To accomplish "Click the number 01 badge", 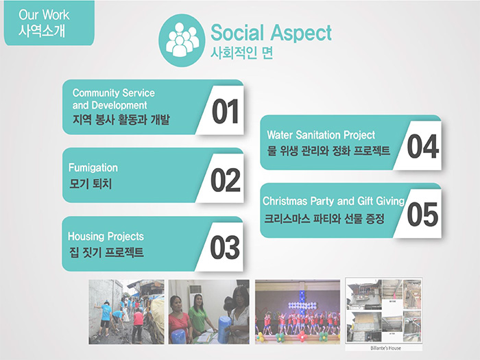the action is click(x=225, y=111).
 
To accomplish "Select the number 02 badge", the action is click(x=226, y=180).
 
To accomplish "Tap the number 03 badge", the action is click(x=225, y=248).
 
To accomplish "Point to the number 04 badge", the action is click(x=423, y=146).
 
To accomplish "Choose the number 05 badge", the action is click(x=422, y=214).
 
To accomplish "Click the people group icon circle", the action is click(x=182, y=40).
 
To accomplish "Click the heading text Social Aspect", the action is click(x=271, y=32).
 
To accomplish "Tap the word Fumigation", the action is click(x=93, y=168).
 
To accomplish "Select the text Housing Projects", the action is click(x=106, y=237).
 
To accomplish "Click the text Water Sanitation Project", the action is click(x=321, y=135).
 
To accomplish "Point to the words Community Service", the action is click(x=114, y=93).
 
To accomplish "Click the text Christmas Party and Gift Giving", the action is click(x=334, y=201).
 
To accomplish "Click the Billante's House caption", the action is click(x=385, y=348).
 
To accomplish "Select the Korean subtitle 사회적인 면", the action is click(x=241, y=53).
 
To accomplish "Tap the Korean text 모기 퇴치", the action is click(x=91, y=184).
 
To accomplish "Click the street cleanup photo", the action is click(x=126, y=311).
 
